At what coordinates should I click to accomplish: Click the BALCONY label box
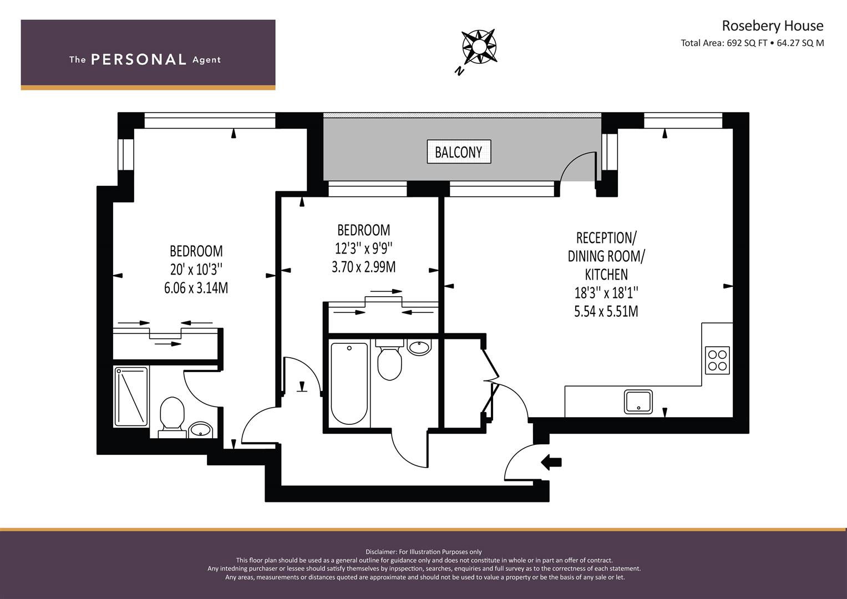tap(459, 151)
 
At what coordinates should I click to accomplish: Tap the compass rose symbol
tap(479, 47)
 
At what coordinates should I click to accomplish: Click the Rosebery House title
tap(773, 26)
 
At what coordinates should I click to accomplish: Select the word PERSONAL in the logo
tap(139, 60)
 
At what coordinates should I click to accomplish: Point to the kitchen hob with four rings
tap(717, 361)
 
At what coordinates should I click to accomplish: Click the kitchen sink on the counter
tap(638, 402)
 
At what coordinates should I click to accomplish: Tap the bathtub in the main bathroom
tap(349, 383)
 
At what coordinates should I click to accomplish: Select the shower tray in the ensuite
tap(131, 396)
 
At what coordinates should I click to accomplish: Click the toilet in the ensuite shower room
tap(173, 417)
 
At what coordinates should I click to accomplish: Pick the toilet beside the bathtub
tap(389, 359)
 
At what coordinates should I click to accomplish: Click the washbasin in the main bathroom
tap(420, 347)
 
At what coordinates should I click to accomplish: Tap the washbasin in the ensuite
tap(201, 430)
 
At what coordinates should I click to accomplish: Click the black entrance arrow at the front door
tap(551, 462)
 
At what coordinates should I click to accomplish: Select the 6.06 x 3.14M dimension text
tap(196, 288)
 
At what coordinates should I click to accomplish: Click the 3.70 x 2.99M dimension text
tap(364, 267)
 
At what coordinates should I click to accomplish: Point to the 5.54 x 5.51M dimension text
tap(606, 311)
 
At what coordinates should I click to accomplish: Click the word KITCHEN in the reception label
tap(606, 274)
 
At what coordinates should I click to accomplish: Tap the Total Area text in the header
tap(753, 43)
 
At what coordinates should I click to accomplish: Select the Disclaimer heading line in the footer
tap(424, 552)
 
